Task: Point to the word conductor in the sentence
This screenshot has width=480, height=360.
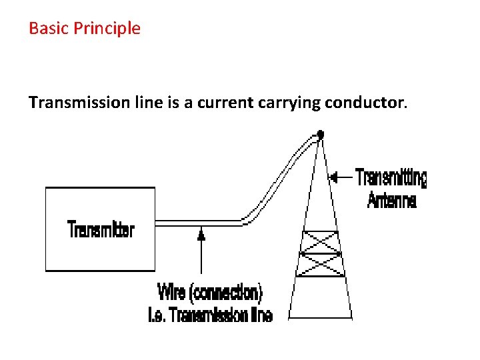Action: click(365, 103)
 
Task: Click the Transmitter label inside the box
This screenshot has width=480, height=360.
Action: click(101, 230)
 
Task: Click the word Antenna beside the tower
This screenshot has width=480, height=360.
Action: click(392, 199)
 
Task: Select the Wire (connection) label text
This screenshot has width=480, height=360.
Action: click(210, 293)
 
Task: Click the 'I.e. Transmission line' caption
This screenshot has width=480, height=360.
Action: click(210, 315)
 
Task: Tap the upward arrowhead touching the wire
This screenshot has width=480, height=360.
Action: click(201, 233)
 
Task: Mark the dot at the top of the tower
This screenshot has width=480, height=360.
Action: click(321, 135)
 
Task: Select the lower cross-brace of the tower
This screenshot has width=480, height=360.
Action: click(321, 265)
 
